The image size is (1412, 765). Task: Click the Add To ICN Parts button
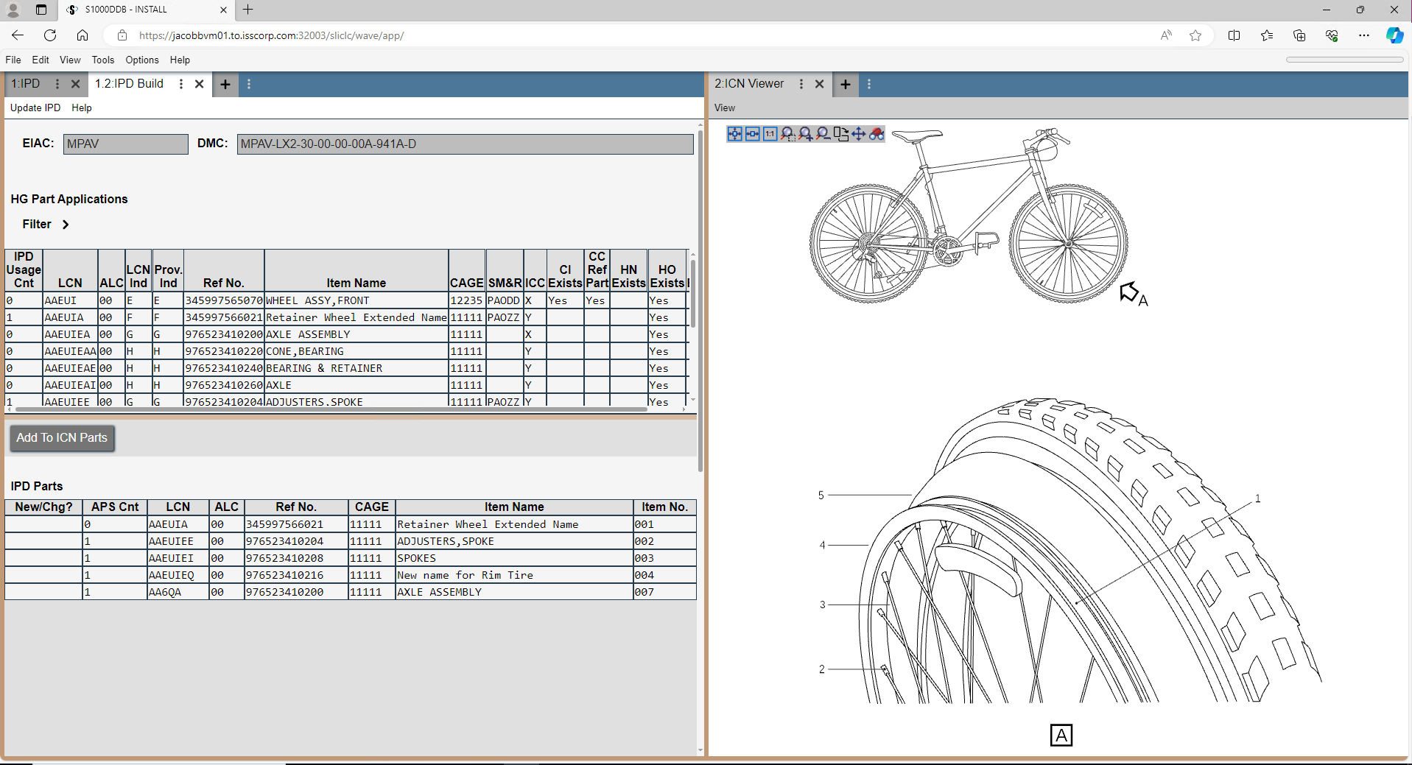[62, 438]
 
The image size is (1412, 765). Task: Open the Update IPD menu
[35, 107]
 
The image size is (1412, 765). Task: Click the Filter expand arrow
[66, 225]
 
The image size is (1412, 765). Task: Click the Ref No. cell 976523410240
[224, 368]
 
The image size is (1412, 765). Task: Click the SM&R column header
[505, 283]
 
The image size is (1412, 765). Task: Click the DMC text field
[465, 144]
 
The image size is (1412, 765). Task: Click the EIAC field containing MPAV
[125, 144]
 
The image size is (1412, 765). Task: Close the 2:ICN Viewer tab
[819, 84]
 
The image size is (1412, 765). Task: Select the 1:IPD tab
[26, 84]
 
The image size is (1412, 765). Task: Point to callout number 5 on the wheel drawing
[821, 496]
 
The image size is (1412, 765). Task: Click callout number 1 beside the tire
[1257, 498]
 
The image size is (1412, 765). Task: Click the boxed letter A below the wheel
[1061, 735]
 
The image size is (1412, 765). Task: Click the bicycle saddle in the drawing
[916, 135]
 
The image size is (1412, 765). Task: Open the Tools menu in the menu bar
[102, 60]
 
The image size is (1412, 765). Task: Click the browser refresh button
[50, 35]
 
